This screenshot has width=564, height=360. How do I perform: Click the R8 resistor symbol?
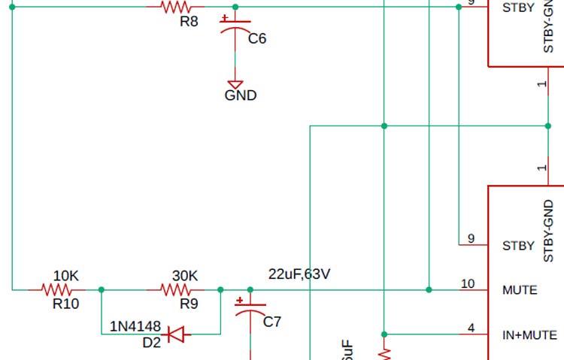174,7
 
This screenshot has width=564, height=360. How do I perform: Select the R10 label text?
65,304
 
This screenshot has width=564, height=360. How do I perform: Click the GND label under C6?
241,95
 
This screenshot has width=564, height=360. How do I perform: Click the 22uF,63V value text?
299,274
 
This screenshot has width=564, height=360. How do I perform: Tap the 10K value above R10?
66,276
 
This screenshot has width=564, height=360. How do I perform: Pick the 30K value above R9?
185,276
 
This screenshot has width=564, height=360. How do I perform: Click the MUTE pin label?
520,290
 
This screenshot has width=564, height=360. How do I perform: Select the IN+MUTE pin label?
529,335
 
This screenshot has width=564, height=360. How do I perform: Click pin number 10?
468,284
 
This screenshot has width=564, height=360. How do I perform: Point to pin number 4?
472,328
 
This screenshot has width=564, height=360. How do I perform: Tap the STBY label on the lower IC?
518,246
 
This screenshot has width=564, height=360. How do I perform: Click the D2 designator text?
151,343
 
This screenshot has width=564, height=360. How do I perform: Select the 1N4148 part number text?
135,327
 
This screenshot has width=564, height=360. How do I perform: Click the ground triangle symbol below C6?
235,85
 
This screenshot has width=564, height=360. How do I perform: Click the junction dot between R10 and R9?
102,289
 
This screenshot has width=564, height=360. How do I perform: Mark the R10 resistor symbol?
58,289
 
